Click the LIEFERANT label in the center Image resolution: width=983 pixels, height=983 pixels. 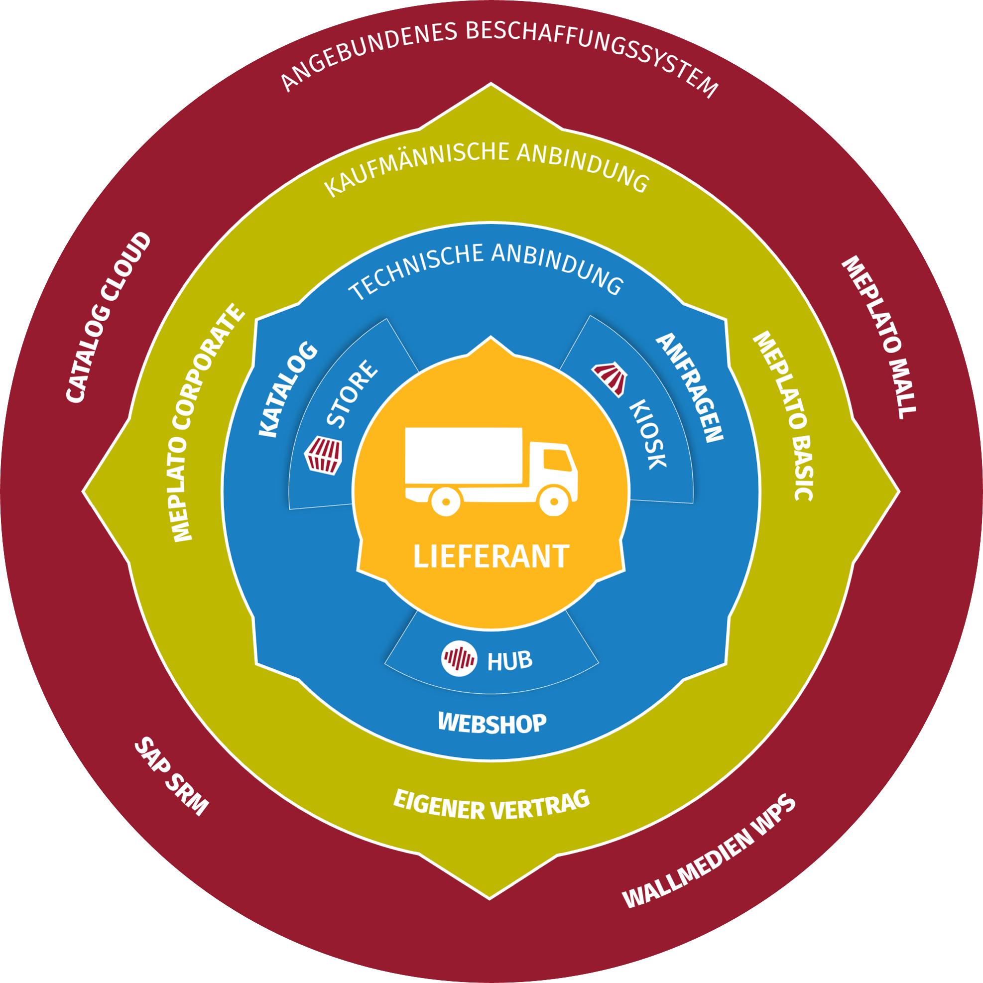491,557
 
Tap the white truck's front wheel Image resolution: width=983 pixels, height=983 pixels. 554,500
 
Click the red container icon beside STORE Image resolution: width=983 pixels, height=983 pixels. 323,455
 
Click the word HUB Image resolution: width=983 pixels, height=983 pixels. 510,661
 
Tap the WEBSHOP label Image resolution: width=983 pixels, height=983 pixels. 492,723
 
